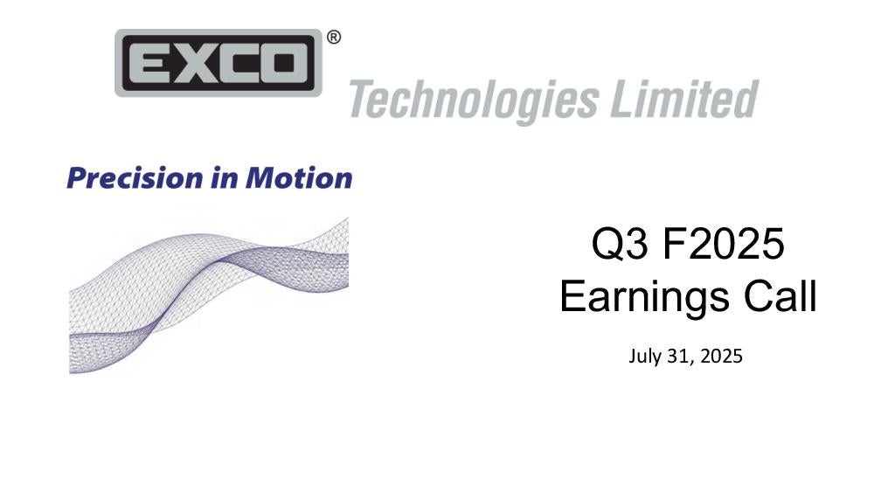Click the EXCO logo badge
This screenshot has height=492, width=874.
coord(218,63)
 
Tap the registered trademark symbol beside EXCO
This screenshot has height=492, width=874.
coord(333,38)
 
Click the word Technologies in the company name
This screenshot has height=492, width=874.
coord(474,100)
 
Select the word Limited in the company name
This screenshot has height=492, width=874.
coord(684,99)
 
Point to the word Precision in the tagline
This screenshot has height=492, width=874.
coord(135,178)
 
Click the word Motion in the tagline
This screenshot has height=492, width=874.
coord(299,178)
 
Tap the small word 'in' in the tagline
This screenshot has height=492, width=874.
coord(225,178)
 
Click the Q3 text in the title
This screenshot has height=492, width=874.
coord(620,244)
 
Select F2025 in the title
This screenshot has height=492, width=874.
coord(724,244)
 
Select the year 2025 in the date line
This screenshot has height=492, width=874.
coord(721,356)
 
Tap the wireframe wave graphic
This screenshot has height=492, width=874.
coord(209,295)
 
